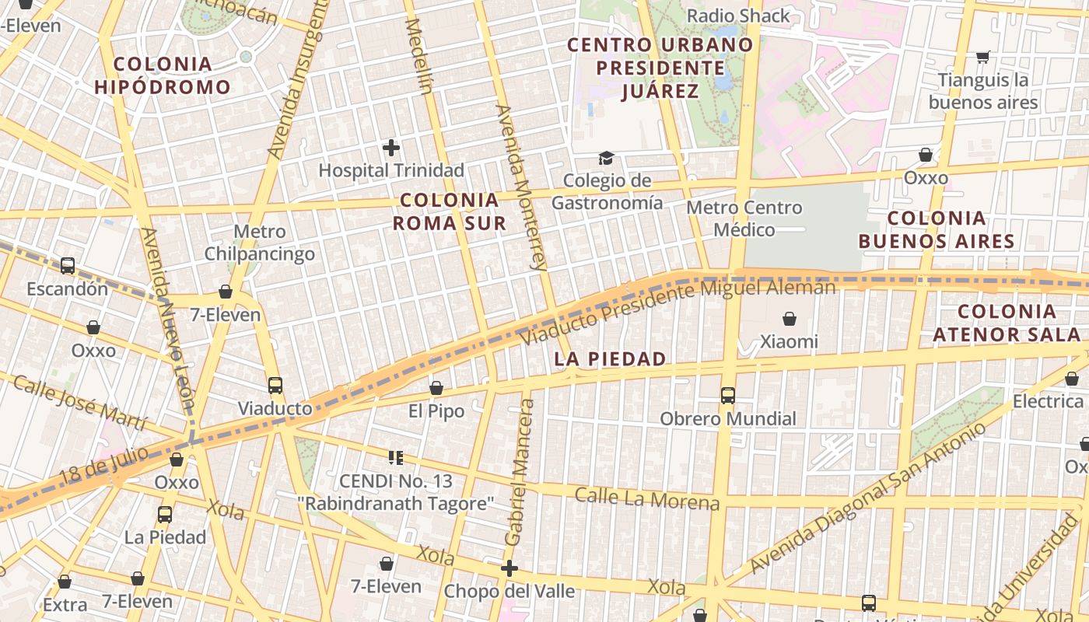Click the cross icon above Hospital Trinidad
click(391, 147)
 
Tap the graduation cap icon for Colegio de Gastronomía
click(606, 159)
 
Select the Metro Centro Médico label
click(744, 218)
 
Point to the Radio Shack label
click(738, 16)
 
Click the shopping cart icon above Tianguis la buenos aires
click(983, 57)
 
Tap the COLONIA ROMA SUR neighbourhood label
click(449, 211)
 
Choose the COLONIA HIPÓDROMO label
click(163, 75)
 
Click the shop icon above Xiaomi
click(790, 319)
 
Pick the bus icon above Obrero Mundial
click(728, 396)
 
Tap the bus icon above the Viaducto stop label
click(275, 385)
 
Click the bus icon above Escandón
click(68, 266)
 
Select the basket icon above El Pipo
click(436, 388)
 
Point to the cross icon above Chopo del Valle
click(509, 568)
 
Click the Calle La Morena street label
click(647, 499)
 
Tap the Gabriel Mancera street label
click(520, 473)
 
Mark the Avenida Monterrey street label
click(522, 187)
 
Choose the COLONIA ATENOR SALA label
click(1007, 323)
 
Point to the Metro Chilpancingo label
click(260, 243)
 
